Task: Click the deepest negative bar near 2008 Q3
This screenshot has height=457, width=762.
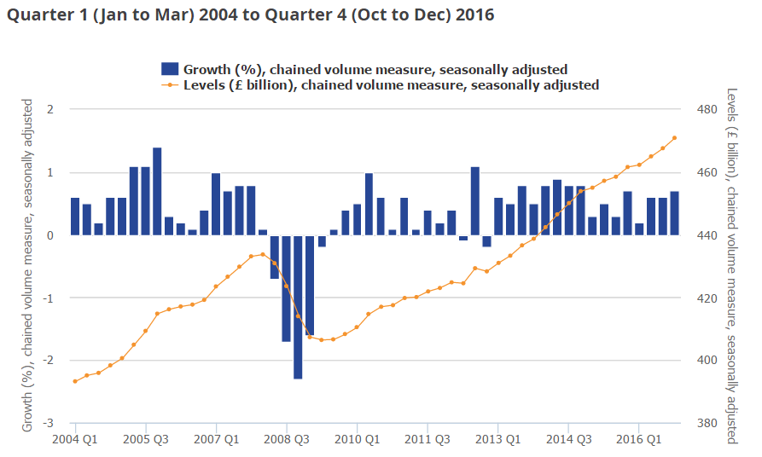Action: (x=298, y=307)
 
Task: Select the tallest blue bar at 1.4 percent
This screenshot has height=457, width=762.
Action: (x=157, y=191)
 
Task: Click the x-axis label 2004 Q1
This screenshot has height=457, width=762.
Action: (x=76, y=440)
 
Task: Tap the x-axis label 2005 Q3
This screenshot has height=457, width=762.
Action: (x=146, y=440)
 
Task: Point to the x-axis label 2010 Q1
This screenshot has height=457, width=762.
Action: (x=357, y=440)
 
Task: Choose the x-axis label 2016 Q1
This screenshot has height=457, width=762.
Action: (x=638, y=440)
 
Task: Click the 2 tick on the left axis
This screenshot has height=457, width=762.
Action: (x=51, y=110)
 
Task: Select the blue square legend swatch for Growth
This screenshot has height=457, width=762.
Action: (x=170, y=69)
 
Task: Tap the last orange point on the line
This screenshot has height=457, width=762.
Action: (x=674, y=138)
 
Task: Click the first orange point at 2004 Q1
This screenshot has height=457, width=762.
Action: (x=75, y=381)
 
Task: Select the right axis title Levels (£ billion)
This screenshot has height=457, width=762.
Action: (x=732, y=264)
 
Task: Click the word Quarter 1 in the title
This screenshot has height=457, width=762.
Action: (x=39, y=14)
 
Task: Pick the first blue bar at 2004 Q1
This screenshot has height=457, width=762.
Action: (x=75, y=217)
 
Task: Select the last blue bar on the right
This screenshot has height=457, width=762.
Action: (x=674, y=213)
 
